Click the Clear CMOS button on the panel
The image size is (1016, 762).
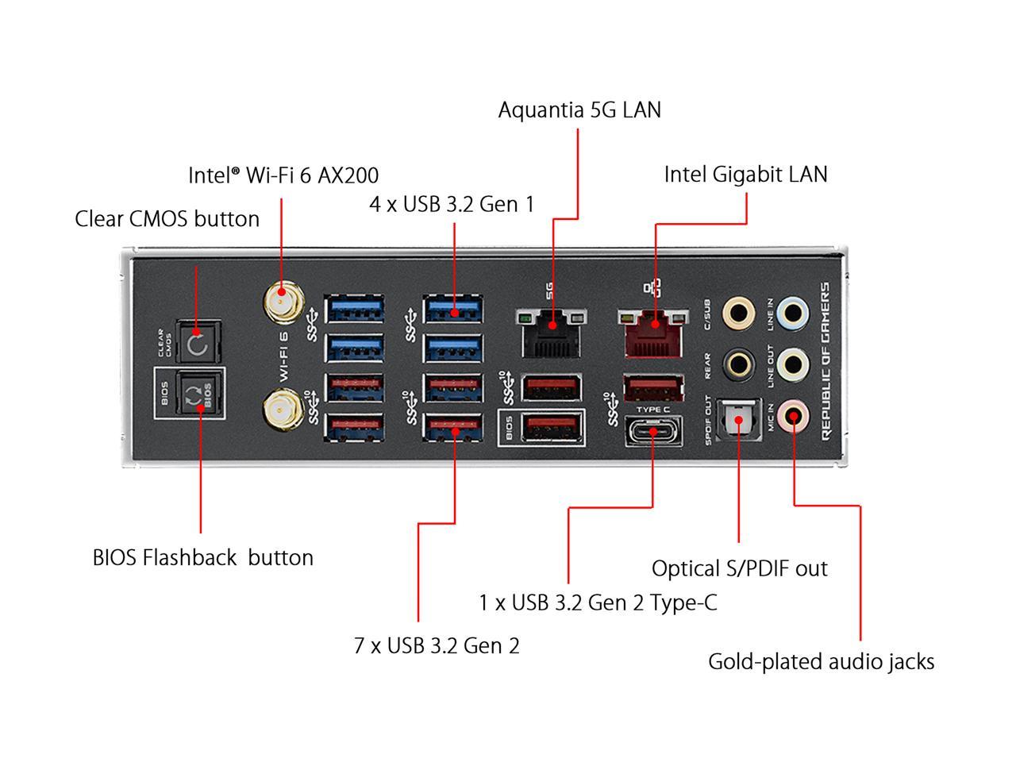click(197, 344)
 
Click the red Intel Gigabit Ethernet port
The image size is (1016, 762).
click(653, 331)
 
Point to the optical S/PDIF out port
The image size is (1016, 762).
click(738, 418)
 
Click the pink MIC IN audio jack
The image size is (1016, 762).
click(793, 414)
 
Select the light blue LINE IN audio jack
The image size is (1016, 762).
click(793, 313)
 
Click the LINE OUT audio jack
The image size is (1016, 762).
click(793, 364)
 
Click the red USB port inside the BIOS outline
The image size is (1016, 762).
click(552, 428)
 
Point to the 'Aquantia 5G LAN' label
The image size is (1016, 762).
click(579, 110)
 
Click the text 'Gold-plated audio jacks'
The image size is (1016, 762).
click(821, 661)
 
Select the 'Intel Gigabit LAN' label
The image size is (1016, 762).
click(745, 175)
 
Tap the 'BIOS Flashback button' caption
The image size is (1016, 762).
click(202, 557)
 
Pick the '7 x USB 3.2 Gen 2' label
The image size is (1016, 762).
click(437, 645)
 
